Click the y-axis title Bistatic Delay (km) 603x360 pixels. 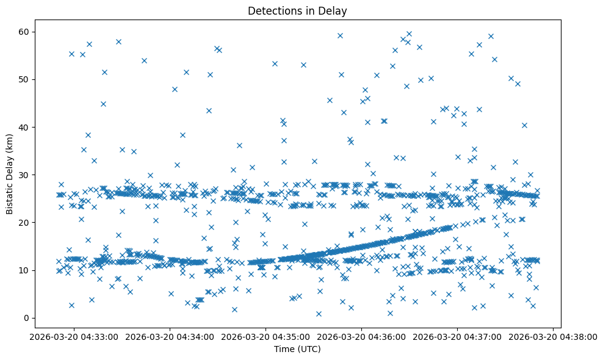click(x=10, y=174)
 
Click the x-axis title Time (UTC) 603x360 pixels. click(x=297, y=349)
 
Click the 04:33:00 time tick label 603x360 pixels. click(x=74, y=336)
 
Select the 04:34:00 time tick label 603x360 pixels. click(x=170, y=336)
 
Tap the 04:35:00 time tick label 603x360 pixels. click(x=265, y=336)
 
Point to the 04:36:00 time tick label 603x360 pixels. click(x=361, y=336)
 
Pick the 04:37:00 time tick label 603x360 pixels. click(x=457, y=336)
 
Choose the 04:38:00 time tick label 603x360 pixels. click(x=553, y=336)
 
